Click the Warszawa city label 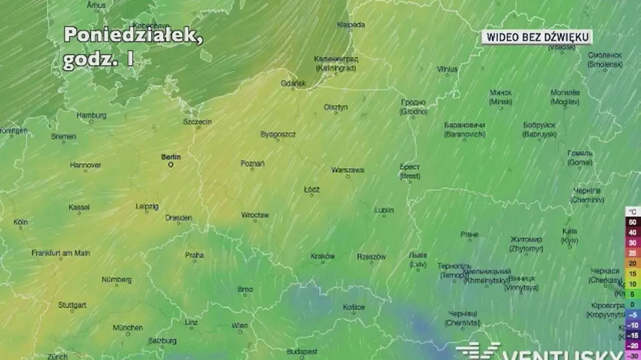(347, 170)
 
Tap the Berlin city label (171, 157)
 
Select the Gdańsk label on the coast (293, 83)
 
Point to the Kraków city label (323, 256)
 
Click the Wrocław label (255, 215)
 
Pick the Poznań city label (252, 163)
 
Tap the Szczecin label (197, 121)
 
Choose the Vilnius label (447, 69)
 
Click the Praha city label (194, 255)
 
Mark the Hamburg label (91, 115)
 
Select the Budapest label (302, 351)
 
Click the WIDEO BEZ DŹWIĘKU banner (537, 38)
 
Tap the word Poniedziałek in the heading (133, 35)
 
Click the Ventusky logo (545, 352)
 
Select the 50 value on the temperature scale (632, 222)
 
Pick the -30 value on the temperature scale (632, 355)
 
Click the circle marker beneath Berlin (171, 167)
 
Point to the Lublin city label (384, 210)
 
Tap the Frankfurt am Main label (61, 253)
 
